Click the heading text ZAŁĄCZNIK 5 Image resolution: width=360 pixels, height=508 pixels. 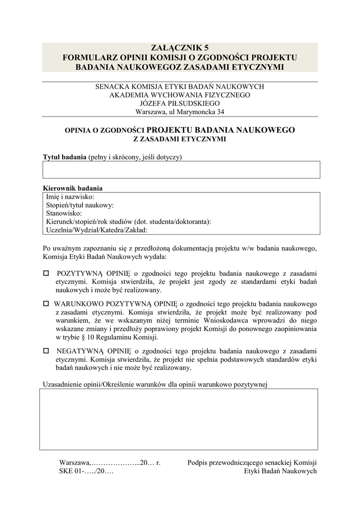point(180,48)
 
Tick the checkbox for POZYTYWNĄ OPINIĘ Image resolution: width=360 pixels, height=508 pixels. point(46,273)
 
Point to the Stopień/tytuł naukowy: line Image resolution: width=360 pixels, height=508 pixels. point(80,205)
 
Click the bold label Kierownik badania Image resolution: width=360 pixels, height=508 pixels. point(73,188)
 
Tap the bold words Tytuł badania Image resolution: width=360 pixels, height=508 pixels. point(65,157)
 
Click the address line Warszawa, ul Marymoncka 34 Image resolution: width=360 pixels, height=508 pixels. point(180,112)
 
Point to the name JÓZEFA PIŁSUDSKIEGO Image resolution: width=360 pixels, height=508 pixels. point(180,103)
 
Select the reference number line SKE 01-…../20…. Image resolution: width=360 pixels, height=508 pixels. point(86,471)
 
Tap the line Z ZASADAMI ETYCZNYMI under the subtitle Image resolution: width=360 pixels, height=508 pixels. point(180,139)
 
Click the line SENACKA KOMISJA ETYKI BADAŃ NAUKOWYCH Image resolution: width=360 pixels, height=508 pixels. point(180,86)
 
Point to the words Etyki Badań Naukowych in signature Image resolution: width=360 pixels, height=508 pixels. point(281,471)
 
